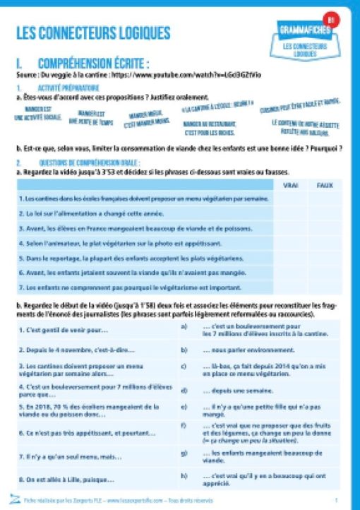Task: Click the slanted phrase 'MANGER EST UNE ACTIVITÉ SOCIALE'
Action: point(37,114)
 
